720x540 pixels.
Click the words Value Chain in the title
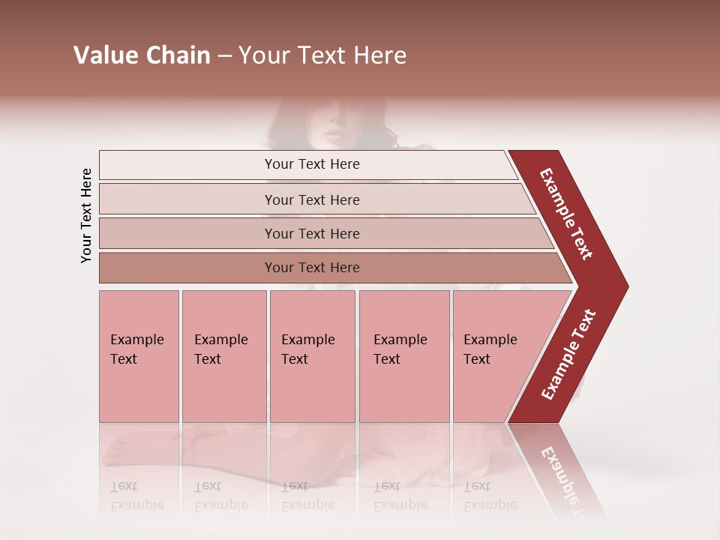pyautogui.click(x=142, y=55)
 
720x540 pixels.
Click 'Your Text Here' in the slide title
pyautogui.click(x=322, y=55)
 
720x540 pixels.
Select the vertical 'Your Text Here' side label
pyautogui.click(x=86, y=216)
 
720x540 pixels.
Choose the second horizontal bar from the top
pyautogui.click(x=312, y=199)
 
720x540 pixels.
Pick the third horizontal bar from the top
pyautogui.click(x=312, y=233)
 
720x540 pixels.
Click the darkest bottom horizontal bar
pyautogui.click(x=312, y=268)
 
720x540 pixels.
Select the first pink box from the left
pyautogui.click(x=139, y=356)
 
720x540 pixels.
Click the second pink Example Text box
pyautogui.click(x=223, y=356)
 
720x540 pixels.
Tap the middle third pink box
pyautogui.click(x=312, y=356)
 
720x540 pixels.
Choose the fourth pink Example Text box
pyautogui.click(x=403, y=356)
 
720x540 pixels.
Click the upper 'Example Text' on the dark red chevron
pyautogui.click(x=566, y=214)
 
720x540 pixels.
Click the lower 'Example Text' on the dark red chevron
pyautogui.click(x=568, y=355)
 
